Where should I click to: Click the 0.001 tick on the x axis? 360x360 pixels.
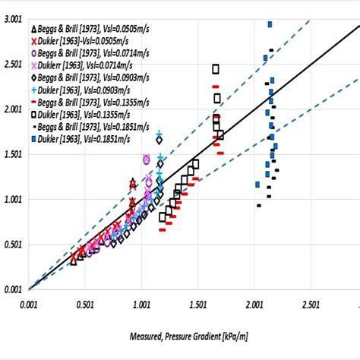tap(27, 303)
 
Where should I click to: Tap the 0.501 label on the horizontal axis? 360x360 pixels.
tap(84, 303)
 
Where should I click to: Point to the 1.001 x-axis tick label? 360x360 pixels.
tap(141, 303)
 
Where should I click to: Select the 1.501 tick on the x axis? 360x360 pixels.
tap(197, 303)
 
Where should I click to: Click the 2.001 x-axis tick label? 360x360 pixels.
tap(253, 303)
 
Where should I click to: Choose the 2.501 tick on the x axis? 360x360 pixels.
tap(309, 303)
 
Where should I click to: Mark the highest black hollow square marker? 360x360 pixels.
tap(216, 69)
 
